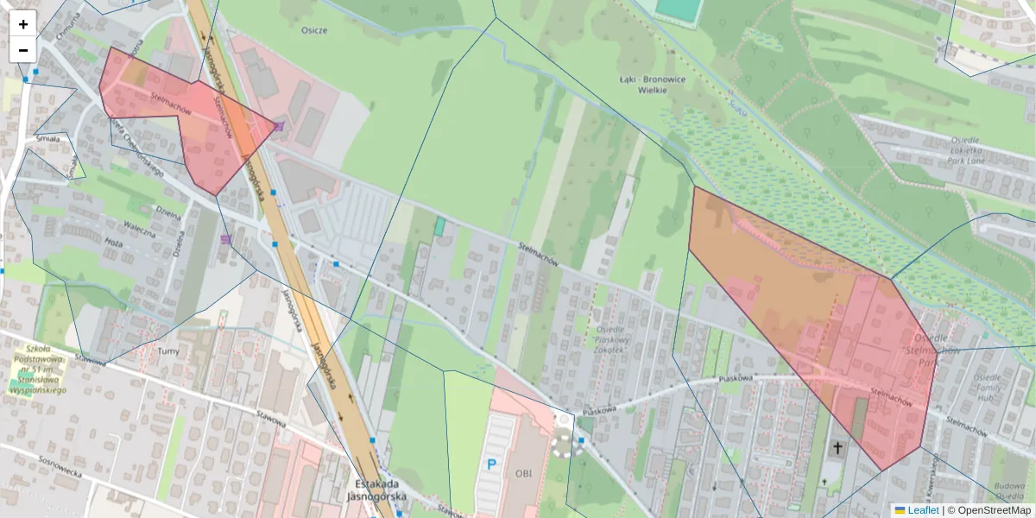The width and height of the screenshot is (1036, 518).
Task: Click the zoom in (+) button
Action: (x=23, y=24)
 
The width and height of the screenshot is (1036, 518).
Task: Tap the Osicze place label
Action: (x=314, y=30)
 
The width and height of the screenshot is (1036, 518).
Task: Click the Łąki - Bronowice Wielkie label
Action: (x=653, y=84)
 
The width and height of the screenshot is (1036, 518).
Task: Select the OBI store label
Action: (x=523, y=473)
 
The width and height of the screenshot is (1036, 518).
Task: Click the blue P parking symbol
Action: (x=491, y=464)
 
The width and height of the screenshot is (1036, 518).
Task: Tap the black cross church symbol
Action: (x=837, y=448)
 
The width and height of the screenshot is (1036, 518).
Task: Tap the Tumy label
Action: (x=168, y=351)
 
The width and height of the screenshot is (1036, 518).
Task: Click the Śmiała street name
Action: (x=47, y=138)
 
